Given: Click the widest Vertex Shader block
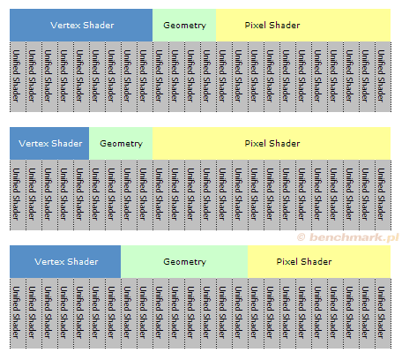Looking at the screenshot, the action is (x=81, y=25).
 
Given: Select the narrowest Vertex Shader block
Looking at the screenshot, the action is (x=49, y=144).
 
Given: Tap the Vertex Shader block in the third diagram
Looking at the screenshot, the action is (x=65, y=262).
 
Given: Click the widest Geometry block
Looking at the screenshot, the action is (x=184, y=262).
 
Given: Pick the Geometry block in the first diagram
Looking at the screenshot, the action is (x=184, y=25).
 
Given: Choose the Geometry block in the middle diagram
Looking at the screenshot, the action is (x=121, y=144).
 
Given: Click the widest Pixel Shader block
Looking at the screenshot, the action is (x=272, y=144).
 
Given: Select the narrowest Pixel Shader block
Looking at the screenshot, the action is (x=319, y=262).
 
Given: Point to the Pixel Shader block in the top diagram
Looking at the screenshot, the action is (x=303, y=25).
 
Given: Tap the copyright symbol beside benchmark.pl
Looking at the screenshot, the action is (x=301, y=237).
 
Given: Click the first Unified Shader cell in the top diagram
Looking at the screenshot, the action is (x=18, y=77).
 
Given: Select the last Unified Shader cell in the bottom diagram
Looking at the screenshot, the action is (x=383, y=313).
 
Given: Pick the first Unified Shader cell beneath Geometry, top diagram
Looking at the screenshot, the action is (x=160, y=77).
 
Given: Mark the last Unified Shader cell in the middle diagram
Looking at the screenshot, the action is (x=383, y=195).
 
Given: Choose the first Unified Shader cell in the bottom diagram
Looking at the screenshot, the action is (x=18, y=313).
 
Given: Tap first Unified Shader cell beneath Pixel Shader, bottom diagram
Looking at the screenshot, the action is (x=256, y=313).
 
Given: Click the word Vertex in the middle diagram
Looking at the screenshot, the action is (x=33, y=144).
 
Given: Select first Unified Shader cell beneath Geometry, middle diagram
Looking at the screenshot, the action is (x=97, y=195).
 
